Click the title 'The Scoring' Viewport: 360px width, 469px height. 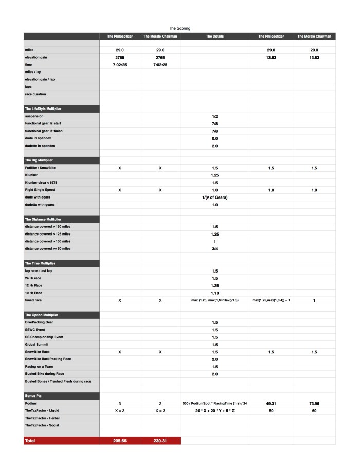point(179,28)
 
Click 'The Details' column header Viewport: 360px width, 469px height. point(214,36)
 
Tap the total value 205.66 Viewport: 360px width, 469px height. point(120,441)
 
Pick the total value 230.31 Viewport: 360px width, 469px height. point(160,441)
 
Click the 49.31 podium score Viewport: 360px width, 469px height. point(271,404)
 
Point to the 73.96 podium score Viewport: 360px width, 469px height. point(314,404)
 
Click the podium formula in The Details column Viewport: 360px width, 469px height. point(214,404)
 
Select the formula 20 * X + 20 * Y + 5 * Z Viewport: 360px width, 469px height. point(214,411)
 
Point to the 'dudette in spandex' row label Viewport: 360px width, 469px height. point(42,146)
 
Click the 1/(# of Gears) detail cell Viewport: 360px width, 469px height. point(214,197)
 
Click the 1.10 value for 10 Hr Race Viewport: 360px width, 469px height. point(214,292)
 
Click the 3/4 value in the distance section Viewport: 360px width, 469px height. point(214,248)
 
